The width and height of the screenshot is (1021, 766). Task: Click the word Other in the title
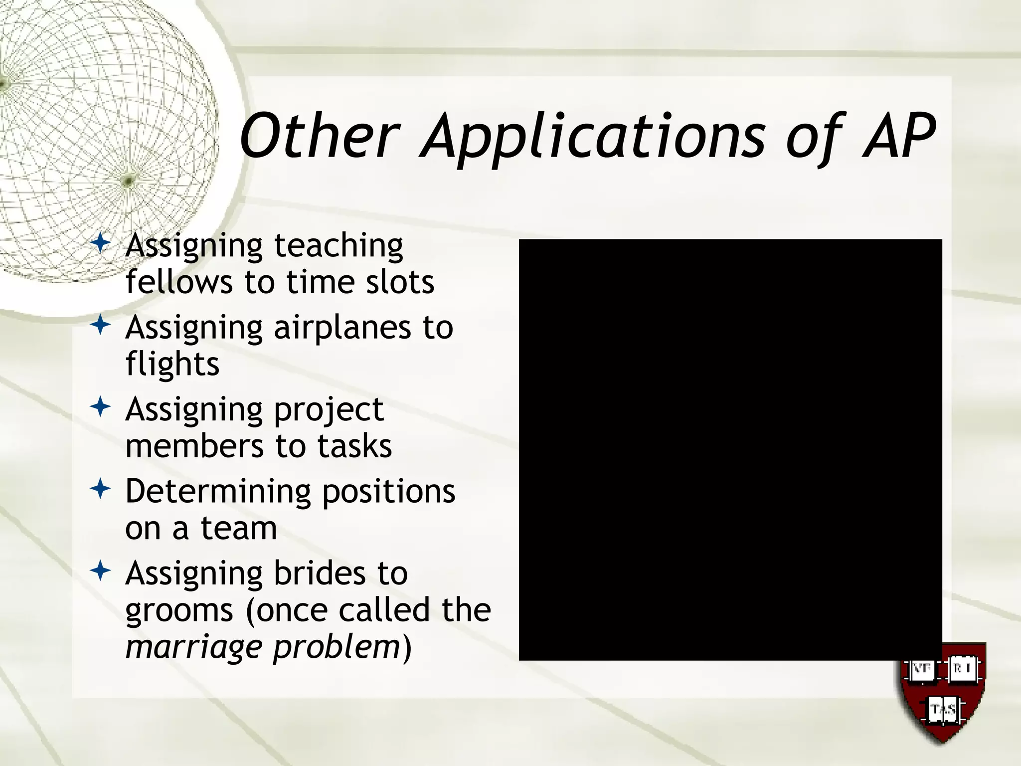point(319,136)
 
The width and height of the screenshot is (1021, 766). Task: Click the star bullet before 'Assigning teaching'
point(101,244)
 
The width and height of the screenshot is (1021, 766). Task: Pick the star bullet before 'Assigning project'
point(101,407)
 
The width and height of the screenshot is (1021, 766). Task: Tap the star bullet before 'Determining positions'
point(101,489)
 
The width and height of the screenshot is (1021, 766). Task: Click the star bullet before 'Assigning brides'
point(101,571)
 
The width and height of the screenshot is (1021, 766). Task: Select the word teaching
point(339,246)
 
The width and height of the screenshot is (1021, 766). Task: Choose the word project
point(329,410)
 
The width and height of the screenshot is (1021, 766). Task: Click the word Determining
point(218,492)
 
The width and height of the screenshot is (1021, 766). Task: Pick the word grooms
point(179,610)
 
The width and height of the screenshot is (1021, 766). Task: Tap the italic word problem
point(337,647)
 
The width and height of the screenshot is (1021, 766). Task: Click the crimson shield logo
point(943,693)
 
